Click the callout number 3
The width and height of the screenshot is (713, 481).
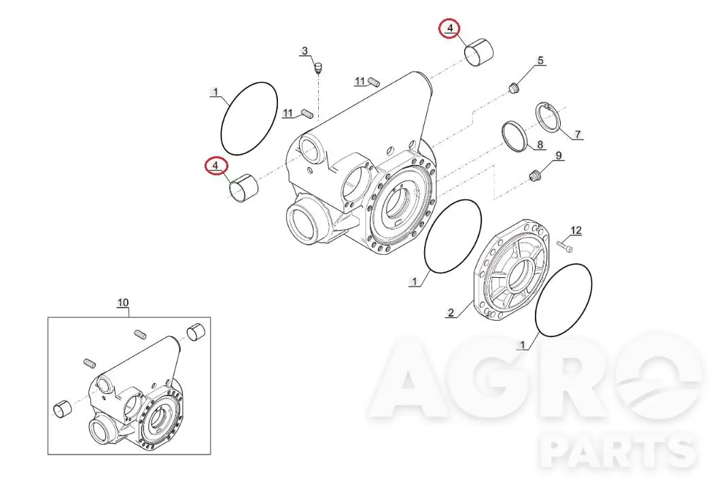[305, 51]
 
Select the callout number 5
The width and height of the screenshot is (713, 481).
[540, 60]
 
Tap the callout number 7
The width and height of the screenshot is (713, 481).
[578, 135]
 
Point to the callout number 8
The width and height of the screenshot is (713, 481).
[540, 145]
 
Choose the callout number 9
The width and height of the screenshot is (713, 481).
[559, 156]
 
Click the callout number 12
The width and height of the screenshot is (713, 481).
[576, 230]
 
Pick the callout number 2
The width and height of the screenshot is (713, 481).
[451, 313]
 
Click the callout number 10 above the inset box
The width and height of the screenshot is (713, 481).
[123, 303]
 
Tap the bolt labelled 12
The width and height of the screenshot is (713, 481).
[564, 247]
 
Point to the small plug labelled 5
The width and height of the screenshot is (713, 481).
[513, 88]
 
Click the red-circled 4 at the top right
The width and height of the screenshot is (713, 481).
[450, 28]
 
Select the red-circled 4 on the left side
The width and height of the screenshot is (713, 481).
[215, 166]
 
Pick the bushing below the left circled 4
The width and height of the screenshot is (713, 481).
[244, 188]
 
